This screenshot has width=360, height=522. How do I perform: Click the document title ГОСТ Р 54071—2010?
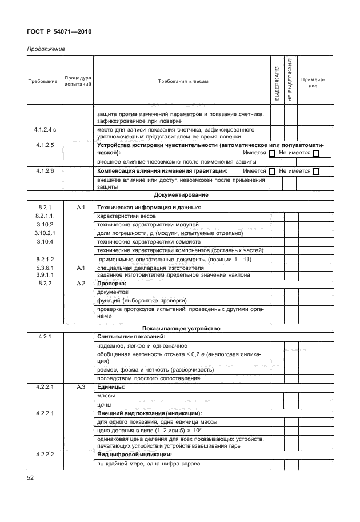pos(59,32)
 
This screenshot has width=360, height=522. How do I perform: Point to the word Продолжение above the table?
pos(46,49)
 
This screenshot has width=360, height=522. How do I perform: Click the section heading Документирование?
pos(179,196)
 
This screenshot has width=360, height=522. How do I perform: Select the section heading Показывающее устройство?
pos(179,329)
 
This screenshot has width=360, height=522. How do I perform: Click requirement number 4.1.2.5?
pos(45,145)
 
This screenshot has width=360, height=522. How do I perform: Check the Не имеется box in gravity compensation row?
pos(316,171)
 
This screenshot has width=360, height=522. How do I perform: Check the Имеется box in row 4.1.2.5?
pos(272,153)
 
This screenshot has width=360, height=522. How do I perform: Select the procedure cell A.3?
pos(81,387)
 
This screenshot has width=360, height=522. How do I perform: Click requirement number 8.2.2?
pos(45,283)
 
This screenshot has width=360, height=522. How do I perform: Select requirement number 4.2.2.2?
pos(45,455)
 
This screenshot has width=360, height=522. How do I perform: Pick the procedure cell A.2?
pos(81,283)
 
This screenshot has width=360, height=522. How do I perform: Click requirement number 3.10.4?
pos(45,242)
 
